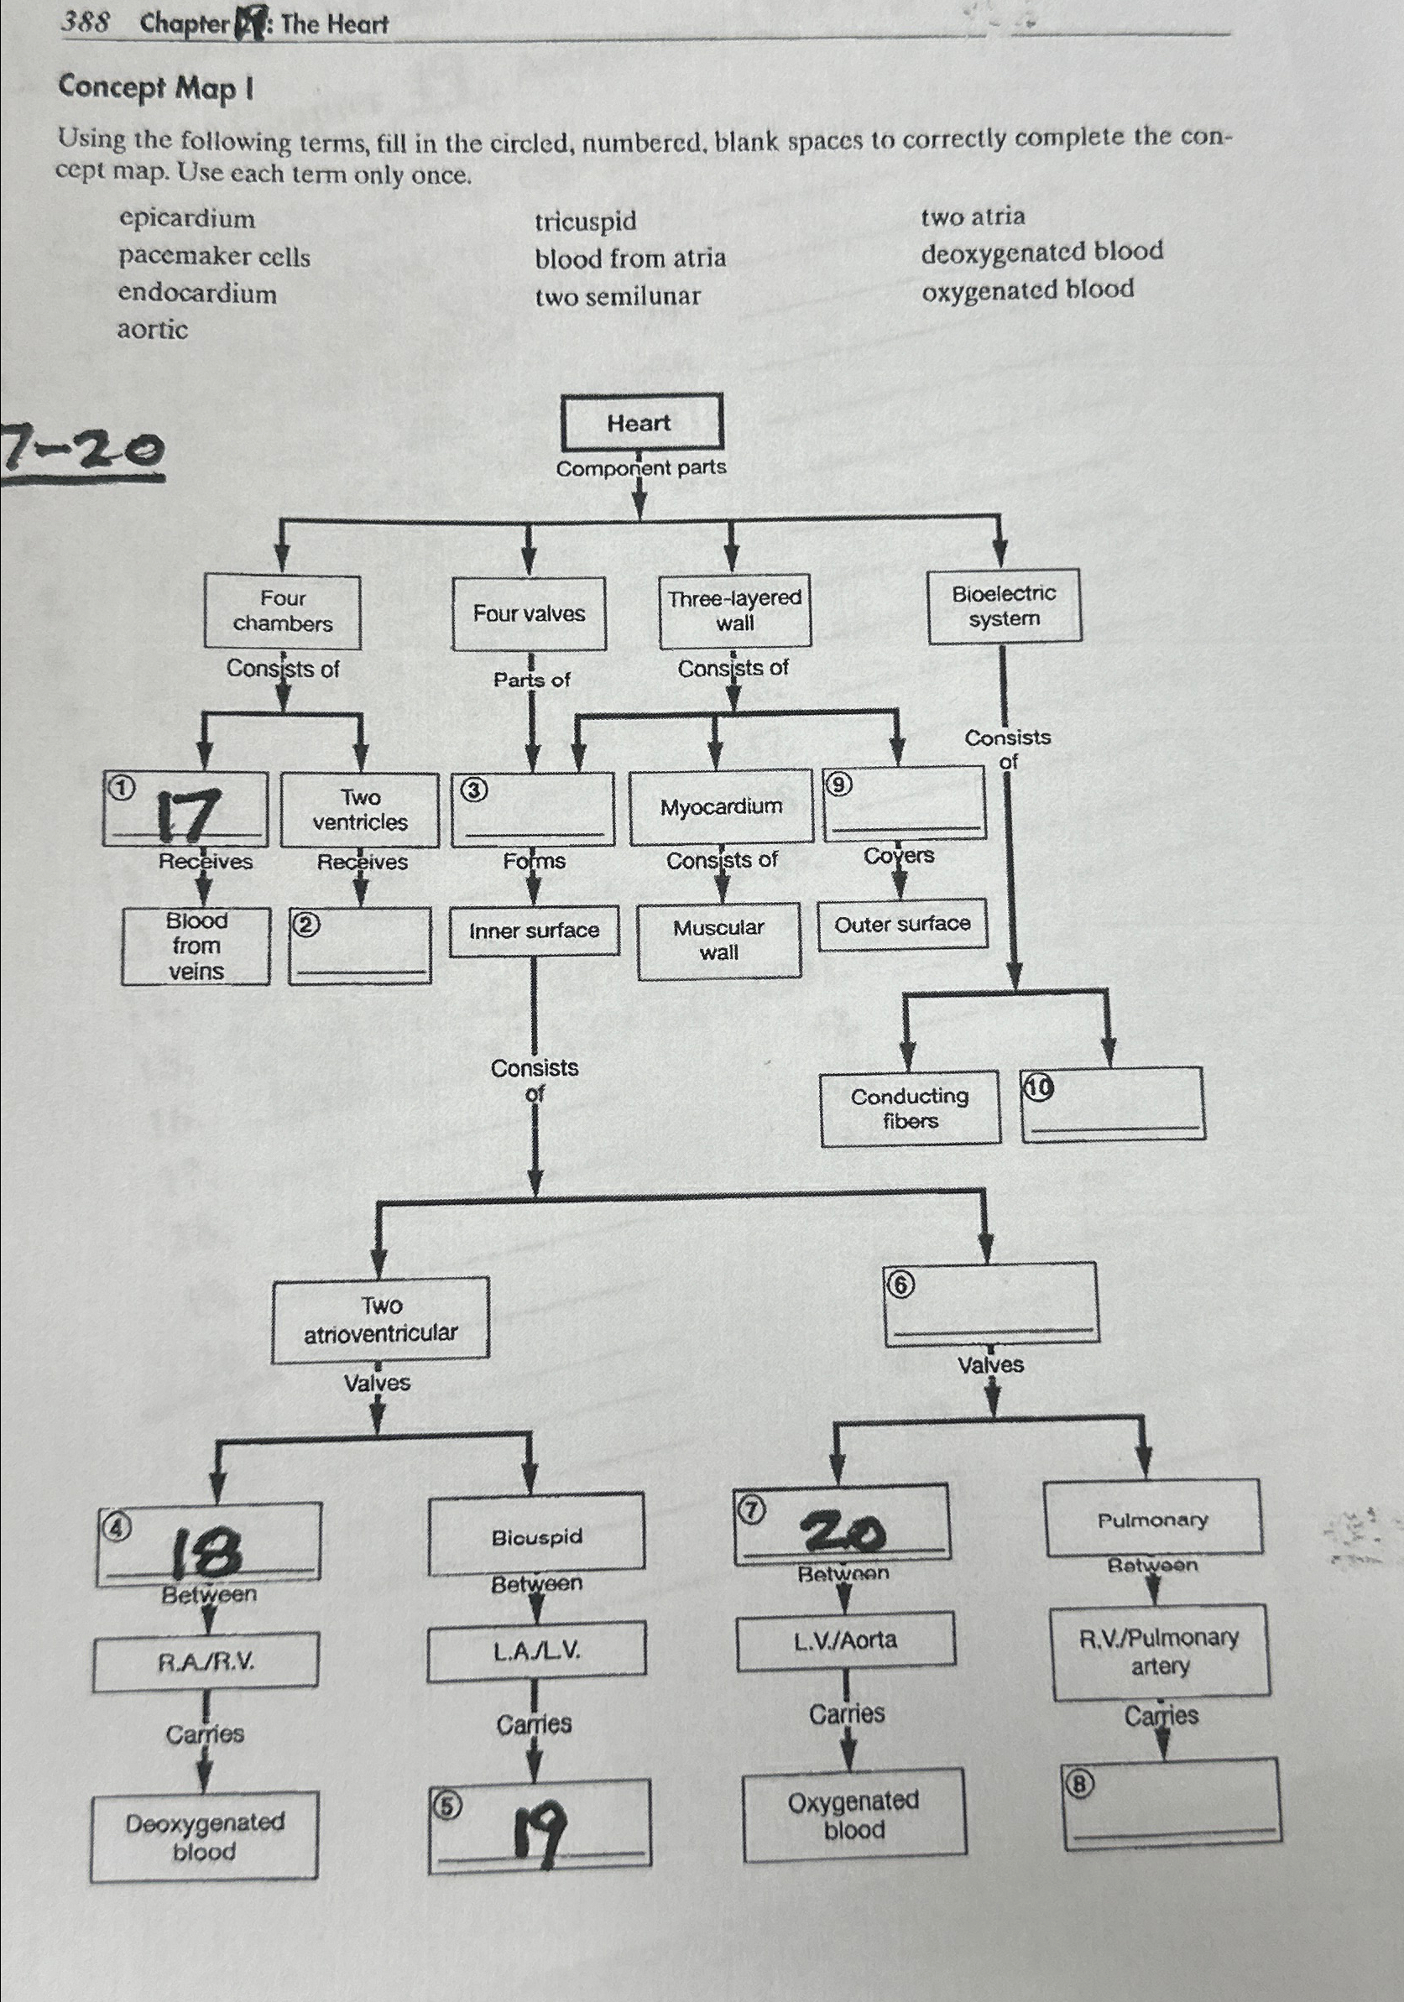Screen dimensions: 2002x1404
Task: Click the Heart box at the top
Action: point(642,423)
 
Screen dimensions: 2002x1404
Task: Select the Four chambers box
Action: point(283,611)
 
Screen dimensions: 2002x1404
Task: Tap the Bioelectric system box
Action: point(1004,606)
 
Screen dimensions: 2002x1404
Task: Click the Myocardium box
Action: point(720,806)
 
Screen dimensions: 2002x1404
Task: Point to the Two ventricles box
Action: point(360,810)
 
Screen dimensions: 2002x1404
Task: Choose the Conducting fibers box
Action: point(910,1108)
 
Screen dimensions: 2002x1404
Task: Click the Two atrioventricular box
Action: point(380,1319)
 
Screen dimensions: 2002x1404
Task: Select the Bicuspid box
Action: point(536,1536)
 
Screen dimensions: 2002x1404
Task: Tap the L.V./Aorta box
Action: point(845,1641)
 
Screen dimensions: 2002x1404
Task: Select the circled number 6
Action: point(900,1285)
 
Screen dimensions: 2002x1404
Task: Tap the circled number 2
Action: point(305,925)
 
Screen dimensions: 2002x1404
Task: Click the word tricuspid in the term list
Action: point(585,221)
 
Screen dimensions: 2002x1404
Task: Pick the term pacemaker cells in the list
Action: point(215,257)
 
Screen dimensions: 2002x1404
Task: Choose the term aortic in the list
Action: point(153,330)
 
